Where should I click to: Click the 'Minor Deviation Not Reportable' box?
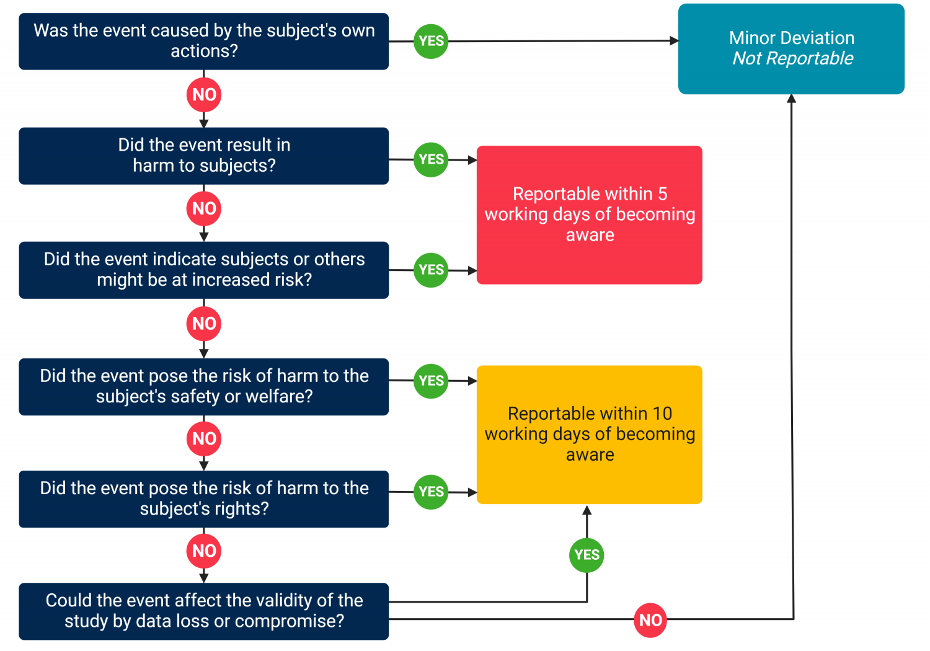pos(791,49)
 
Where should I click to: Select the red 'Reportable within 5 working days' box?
pos(589,215)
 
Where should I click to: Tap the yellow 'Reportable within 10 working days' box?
pos(589,434)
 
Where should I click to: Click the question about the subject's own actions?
pos(203,41)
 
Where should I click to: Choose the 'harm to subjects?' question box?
pos(203,156)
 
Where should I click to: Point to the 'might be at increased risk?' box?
pos(203,270)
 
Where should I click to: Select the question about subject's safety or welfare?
pos(203,386)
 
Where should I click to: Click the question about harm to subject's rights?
pos(203,498)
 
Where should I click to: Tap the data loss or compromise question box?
pos(203,611)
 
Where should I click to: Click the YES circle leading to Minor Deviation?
pos(431,42)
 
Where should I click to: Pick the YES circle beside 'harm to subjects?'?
pos(431,159)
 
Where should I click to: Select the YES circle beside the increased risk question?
pos(431,270)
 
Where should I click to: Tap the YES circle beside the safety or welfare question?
pos(431,381)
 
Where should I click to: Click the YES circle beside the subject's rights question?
pos(431,492)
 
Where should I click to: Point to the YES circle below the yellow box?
pos(587,555)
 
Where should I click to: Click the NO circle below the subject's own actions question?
pos(204,95)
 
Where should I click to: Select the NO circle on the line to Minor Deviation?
pos(650,620)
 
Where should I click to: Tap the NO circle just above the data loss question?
pos(204,551)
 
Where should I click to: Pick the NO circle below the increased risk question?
pos(204,324)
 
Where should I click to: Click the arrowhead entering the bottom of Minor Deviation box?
pos(791,99)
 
